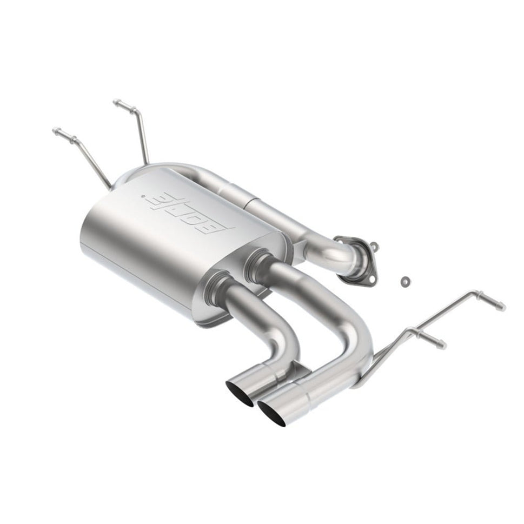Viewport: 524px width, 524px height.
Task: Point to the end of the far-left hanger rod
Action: (x=55, y=130)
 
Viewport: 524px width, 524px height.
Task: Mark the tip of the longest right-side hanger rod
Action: (x=502, y=307)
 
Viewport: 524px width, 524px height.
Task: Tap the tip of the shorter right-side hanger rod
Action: (x=443, y=344)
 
